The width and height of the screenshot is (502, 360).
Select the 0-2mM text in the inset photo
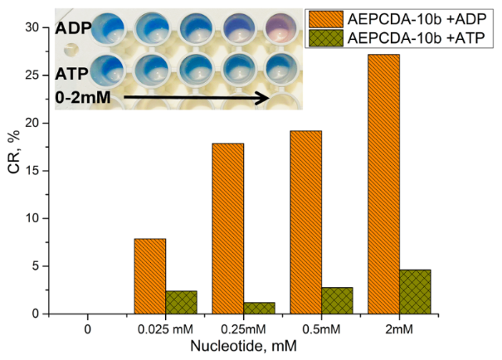(x=85, y=99)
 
